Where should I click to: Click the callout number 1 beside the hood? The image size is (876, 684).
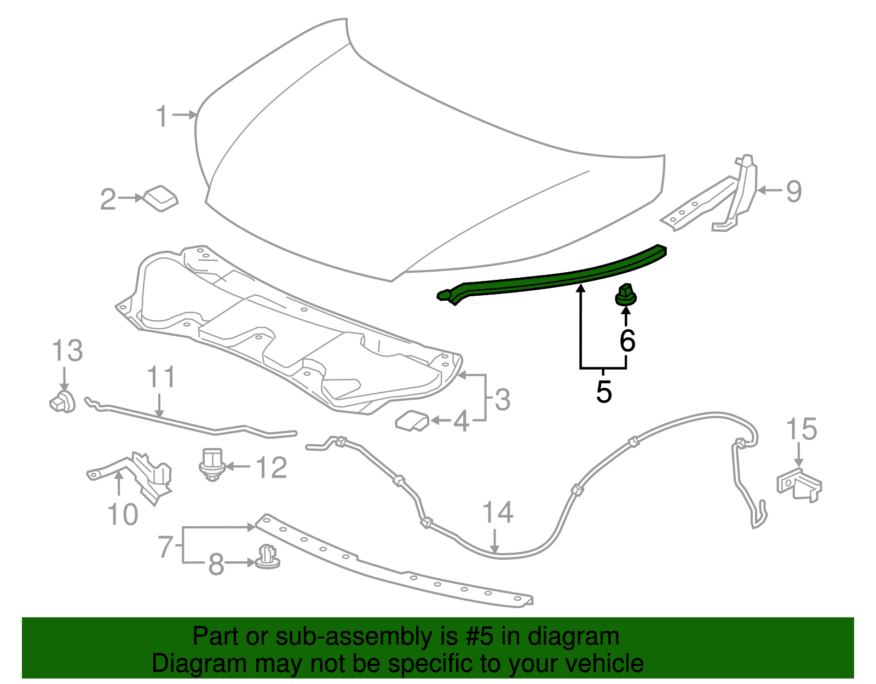click(x=162, y=116)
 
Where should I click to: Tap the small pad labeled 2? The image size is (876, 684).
click(x=162, y=198)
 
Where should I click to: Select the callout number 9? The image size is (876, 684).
click(x=794, y=191)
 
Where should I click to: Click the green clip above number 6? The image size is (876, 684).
click(x=626, y=295)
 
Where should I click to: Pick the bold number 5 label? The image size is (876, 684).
click(x=603, y=392)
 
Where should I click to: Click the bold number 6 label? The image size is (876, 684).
click(x=627, y=341)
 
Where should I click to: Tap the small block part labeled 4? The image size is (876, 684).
click(x=412, y=421)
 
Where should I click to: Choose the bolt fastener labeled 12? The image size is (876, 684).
click(x=211, y=465)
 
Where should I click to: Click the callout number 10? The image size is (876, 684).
click(x=123, y=514)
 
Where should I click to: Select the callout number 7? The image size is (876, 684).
click(x=166, y=547)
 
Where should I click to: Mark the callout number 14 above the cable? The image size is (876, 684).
click(x=497, y=513)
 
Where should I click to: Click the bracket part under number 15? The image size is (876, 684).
click(x=799, y=484)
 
